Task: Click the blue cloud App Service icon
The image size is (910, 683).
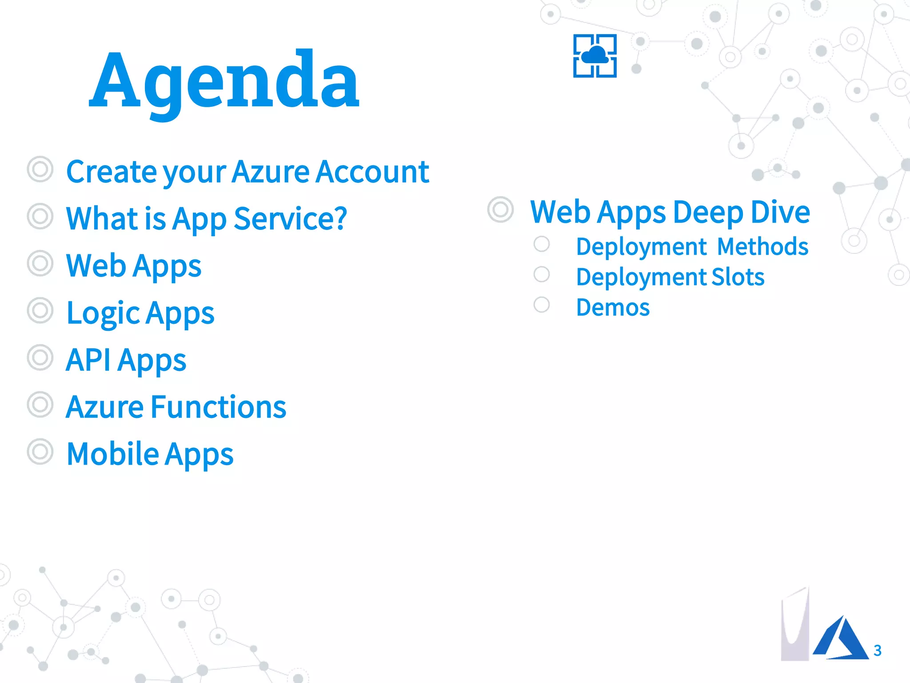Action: [595, 56]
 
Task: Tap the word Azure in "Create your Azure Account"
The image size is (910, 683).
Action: [271, 172]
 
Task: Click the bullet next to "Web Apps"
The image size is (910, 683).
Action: [40, 264]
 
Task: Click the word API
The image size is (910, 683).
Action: [88, 360]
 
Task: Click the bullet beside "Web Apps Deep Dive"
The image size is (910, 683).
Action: [500, 209]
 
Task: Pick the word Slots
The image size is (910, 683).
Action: [738, 277]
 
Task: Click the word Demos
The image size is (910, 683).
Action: [613, 307]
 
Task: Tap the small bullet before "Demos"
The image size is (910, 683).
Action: [542, 305]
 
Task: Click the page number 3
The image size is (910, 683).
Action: [877, 651]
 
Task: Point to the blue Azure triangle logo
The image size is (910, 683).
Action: [840, 639]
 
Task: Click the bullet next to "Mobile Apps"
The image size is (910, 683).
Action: [40, 452]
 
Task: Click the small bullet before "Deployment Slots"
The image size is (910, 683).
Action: [542, 274]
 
